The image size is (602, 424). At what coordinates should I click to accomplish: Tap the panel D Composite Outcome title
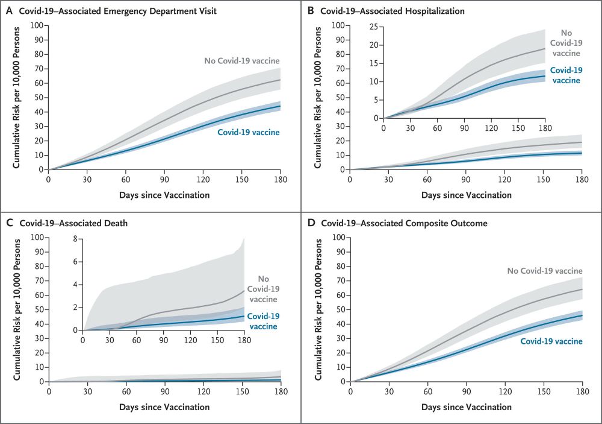pos(404,223)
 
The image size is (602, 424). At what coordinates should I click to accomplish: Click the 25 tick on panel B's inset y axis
pos(374,27)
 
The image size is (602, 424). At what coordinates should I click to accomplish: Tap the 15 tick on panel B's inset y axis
pos(374,63)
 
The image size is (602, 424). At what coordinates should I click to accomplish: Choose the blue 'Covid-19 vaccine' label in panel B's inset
pos(565,75)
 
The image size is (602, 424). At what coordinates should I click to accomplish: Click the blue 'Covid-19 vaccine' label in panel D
pos(550,341)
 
